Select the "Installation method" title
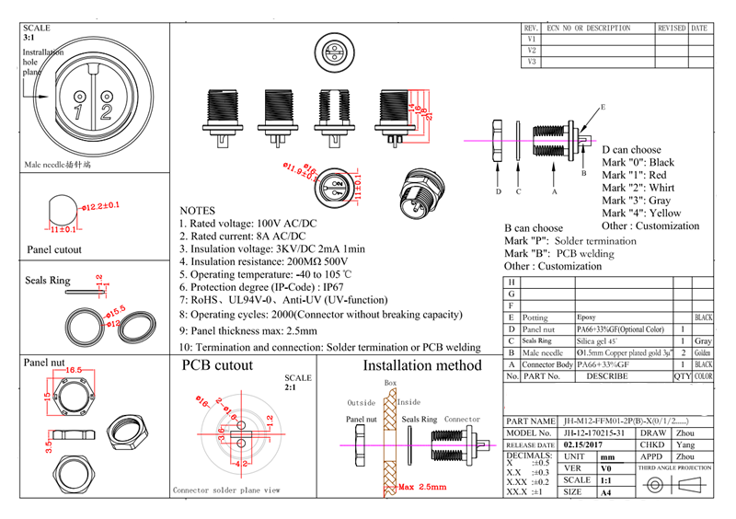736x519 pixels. (422, 365)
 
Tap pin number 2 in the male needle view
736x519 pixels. (107, 112)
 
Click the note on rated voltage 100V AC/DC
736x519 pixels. (246, 223)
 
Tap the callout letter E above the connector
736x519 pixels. (604, 107)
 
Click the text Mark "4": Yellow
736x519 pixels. (641, 213)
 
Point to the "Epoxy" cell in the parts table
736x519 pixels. (585, 317)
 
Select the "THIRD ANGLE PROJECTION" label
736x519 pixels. (675, 467)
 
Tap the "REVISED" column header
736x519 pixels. (672, 29)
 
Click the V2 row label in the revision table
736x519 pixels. (532, 51)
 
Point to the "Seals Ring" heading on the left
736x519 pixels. (48, 281)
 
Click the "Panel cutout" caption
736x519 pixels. (54, 249)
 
